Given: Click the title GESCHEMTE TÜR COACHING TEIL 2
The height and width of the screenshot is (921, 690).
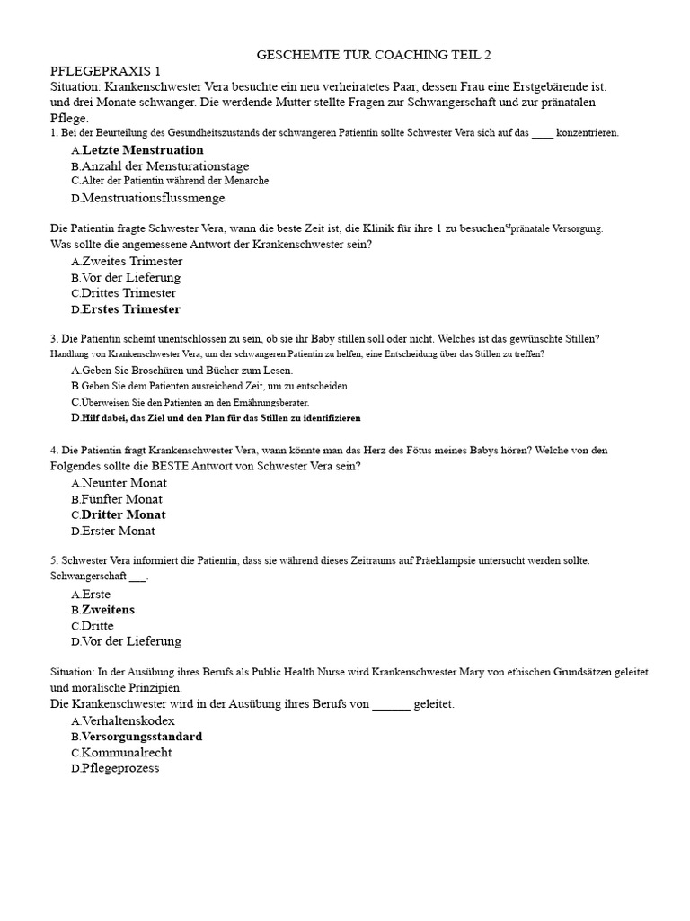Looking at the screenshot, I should [x=374, y=55].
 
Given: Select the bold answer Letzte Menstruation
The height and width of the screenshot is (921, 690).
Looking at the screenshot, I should [x=142, y=149].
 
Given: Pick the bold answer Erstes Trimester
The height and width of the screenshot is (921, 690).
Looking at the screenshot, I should [x=130, y=309].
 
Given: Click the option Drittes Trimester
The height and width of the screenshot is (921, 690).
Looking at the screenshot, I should [x=128, y=293].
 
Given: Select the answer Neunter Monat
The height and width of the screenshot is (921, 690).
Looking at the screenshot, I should [x=124, y=483].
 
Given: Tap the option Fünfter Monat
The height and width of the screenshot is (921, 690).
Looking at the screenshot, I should [x=122, y=499].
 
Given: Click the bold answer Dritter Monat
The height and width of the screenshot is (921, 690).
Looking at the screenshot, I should [x=123, y=515].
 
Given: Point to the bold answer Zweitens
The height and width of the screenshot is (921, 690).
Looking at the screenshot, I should [x=108, y=610].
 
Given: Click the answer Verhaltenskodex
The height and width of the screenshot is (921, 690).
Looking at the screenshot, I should [x=128, y=720].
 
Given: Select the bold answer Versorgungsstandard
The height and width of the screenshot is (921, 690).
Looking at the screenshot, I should [x=141, y=737].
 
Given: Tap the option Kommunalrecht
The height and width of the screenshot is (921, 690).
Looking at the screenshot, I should [x=126, y=753].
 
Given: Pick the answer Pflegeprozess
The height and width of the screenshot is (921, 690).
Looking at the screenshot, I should [x=120, y=768].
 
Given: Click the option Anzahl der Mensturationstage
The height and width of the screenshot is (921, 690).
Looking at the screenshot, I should [x=164, y=166].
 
